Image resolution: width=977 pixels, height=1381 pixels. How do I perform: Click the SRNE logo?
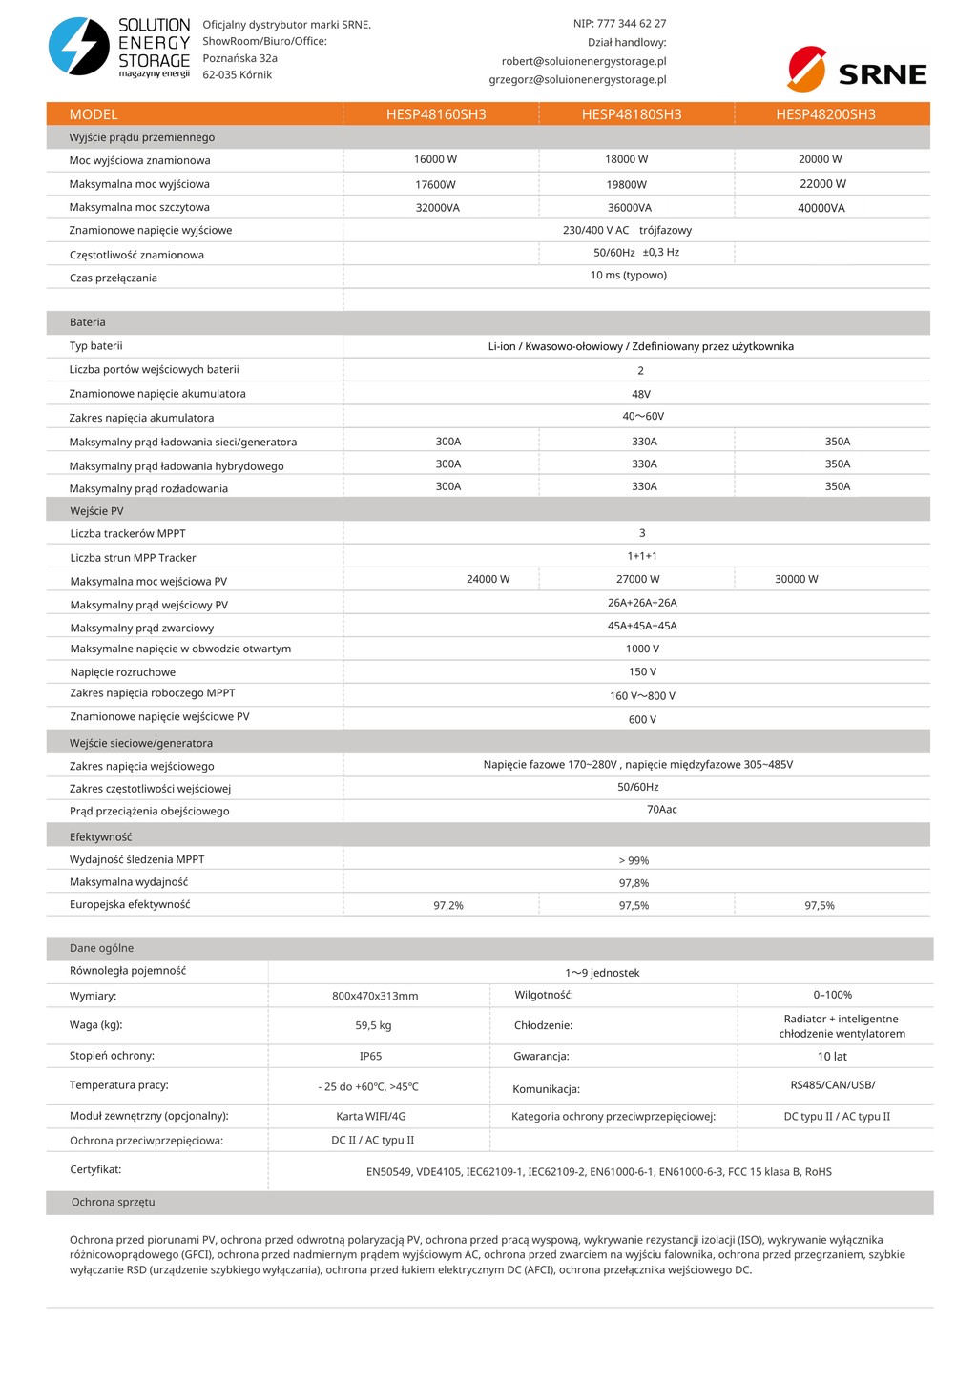coord(857,70)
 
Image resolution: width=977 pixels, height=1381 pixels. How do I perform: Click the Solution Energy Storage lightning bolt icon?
coord(79,46)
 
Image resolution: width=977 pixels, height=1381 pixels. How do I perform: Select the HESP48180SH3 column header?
coord(632,114)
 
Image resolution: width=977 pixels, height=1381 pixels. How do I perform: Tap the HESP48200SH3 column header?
coord(825,114)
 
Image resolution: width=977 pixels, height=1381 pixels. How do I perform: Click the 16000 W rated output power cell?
coord(435,159)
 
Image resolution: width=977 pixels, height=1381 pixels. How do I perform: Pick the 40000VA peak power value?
coord(821,208)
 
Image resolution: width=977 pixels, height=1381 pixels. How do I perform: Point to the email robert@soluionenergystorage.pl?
coord(584,61)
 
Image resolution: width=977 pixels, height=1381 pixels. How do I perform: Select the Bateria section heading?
coord(88,322)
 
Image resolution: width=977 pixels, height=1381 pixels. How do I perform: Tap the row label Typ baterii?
coord(95,346)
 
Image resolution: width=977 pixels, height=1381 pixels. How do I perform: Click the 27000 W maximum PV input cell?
coord(637,579)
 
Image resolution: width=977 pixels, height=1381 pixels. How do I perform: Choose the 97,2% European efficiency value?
coord(448,905)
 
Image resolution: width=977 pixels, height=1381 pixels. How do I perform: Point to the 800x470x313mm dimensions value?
coord(375,996)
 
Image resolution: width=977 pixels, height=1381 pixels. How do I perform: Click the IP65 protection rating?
coord(370,1056)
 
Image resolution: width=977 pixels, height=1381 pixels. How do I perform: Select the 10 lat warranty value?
coord(832,1056)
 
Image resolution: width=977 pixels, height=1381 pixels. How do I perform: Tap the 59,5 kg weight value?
coord(373,1025)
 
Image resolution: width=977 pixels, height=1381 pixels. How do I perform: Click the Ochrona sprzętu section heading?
coord(113,1202)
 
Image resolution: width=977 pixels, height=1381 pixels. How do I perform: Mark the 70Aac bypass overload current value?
coord(661,810)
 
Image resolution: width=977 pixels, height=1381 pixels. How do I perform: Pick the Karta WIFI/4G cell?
coord(371,1116)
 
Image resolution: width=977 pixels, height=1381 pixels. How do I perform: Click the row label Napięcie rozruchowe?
coord(122,672)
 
